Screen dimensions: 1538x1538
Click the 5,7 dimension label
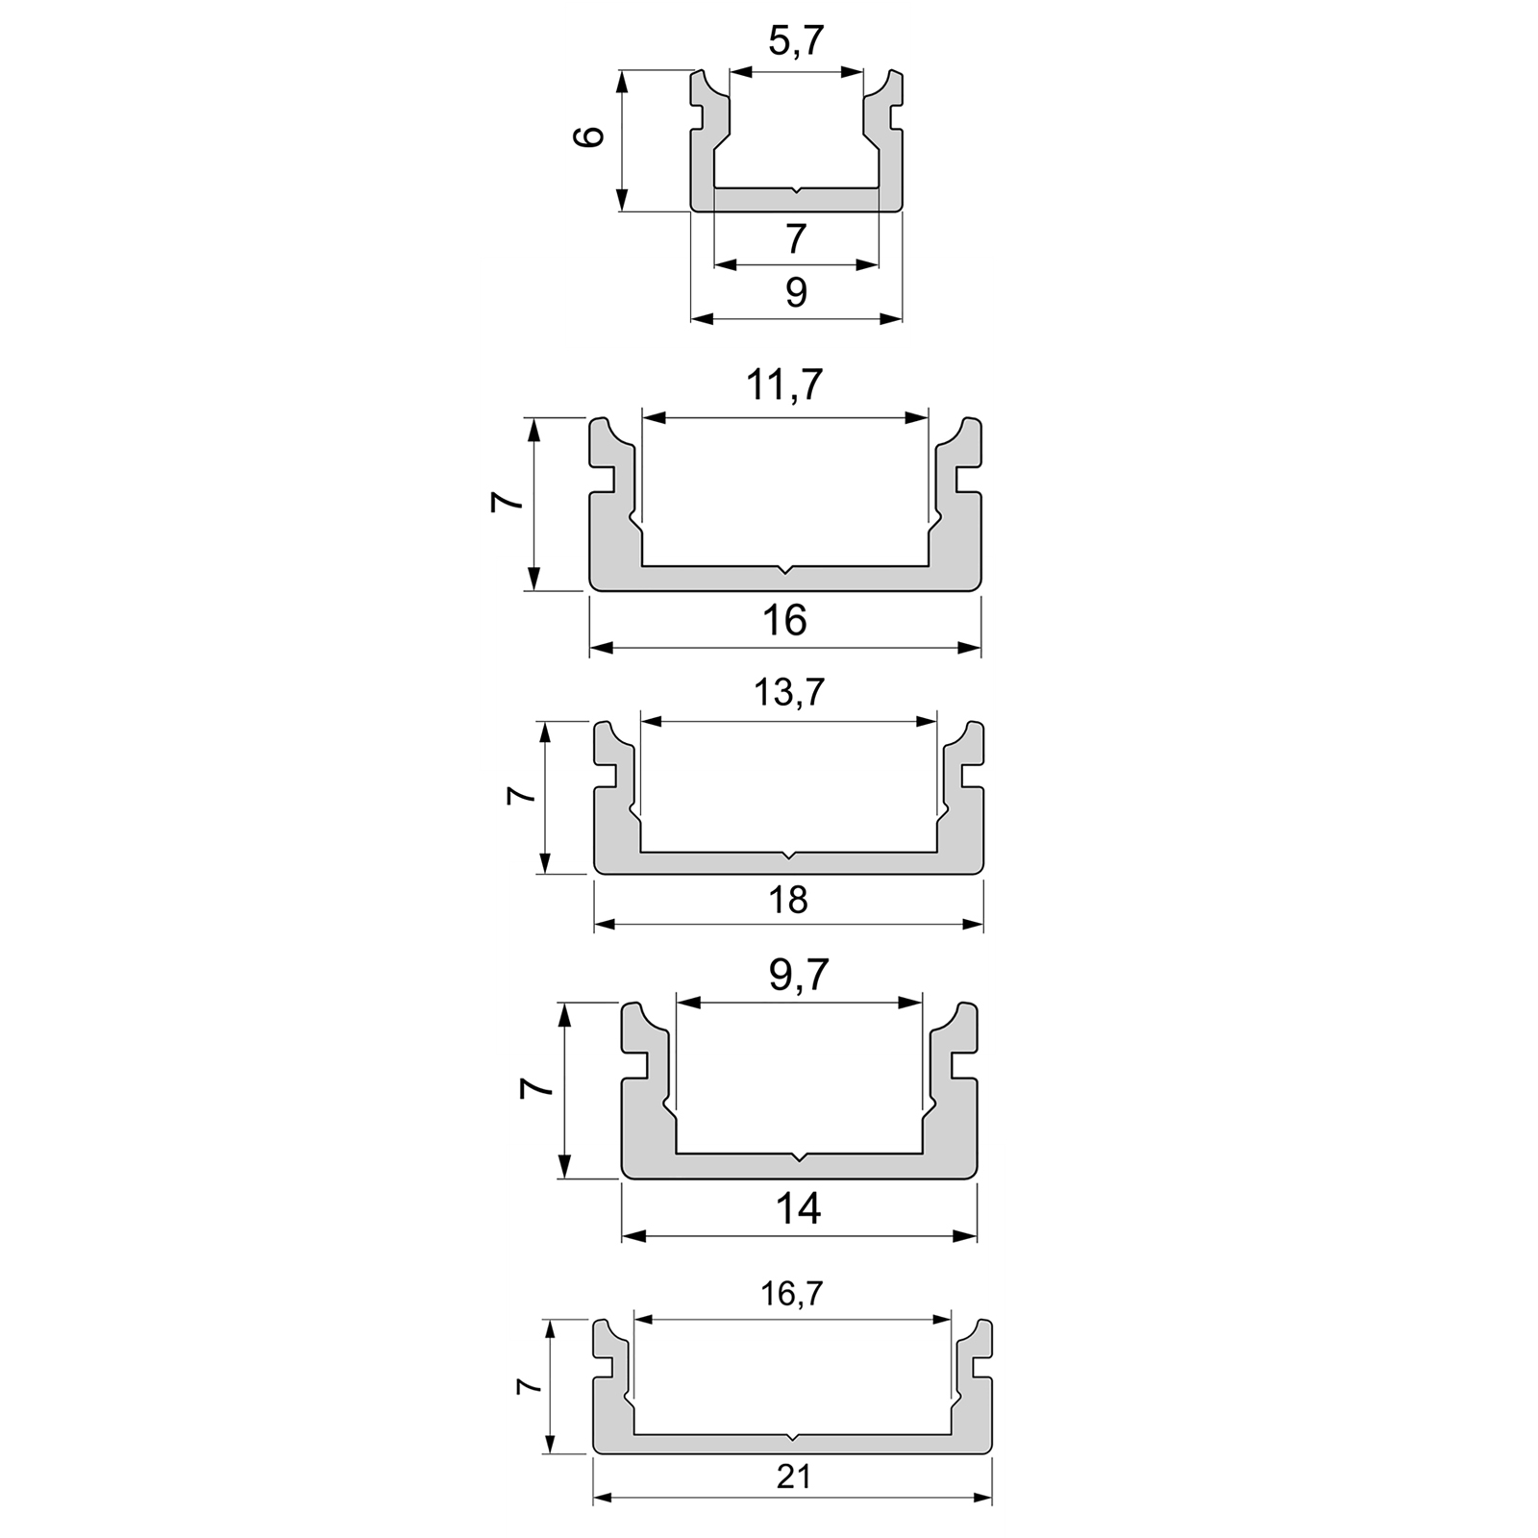click(x=797, y=41)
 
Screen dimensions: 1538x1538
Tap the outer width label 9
click(x=796, y=293)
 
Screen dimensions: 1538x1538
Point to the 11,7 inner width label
click(x=784, y=385)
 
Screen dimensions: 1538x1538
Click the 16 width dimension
click(x=784, y=621)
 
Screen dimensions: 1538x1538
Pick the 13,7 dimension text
click(x=788, y=693)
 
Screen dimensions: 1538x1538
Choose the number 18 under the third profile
click(x=788, y=901)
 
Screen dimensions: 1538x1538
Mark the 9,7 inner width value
click(x=799, y=977)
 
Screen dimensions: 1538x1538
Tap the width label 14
click(x=798, y=1209)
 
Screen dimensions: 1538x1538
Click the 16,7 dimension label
click(x=791, y=1294)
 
